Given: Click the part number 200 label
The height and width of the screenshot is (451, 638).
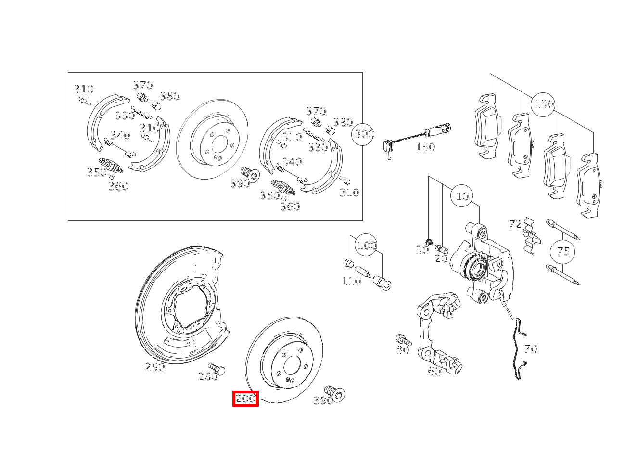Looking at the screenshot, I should click(x=245, y=399).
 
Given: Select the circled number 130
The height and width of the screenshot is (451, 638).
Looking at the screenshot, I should click(x=544, y=104).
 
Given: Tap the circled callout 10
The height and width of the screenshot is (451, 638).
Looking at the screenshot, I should click(x=462, y=196).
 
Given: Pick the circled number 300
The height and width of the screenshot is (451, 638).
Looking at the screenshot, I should click(x=364, y=134).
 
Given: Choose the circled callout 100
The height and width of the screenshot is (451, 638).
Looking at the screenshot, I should click(x=367, y=245).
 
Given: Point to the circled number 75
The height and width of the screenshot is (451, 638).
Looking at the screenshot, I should click(x=563, y=251).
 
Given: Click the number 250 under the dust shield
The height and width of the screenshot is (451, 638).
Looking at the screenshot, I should click(x=155, y=367).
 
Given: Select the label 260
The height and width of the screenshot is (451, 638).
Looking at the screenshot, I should click(x=208, y=376).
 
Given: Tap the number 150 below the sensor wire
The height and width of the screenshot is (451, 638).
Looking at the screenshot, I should click(x=425, y=147).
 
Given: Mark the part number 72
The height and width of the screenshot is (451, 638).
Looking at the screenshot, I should click(x=515, y=224).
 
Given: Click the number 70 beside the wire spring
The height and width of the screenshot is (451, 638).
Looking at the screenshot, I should click(x=530, y=349).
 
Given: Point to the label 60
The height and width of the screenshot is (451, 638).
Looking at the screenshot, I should click(x=434, y=371).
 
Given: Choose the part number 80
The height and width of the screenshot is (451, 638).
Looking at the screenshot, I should click(x=403, y=350).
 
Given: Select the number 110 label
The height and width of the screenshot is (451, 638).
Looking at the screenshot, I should click(x=351, y=281).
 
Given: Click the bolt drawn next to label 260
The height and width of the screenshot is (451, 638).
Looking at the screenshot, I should click(x=217, y=369).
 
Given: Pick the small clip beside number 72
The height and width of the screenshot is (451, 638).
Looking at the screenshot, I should click(x=531, y=236).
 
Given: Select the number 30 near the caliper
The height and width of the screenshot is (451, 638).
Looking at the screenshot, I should click(x=422, y=250).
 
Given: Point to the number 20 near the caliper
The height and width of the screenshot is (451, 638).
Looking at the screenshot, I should click(x=441, y=258).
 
